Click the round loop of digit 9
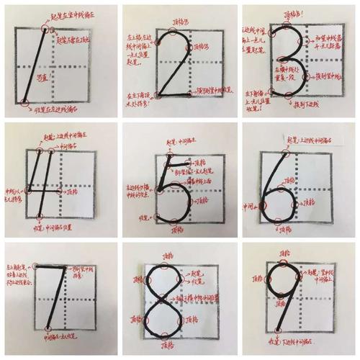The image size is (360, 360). click(x=287, y=284)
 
